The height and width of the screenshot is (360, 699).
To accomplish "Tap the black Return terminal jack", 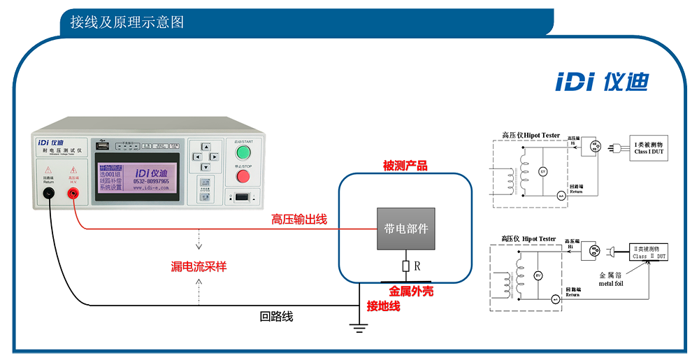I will click(49, 194).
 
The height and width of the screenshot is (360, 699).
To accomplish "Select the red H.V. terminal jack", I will click(73, 194).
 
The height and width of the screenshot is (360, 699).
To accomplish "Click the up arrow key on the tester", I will click(206, 147).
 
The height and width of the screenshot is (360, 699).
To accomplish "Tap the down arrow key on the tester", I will click(206, 167).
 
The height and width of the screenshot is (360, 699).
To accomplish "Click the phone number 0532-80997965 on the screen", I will click(150, 181).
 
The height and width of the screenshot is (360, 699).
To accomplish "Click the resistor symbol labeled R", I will click(405, 266).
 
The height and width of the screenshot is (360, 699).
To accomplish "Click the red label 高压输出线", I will click(299, 219).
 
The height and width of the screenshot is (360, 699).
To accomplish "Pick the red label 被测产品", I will click(405, 166).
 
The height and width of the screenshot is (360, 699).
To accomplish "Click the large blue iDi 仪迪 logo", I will click(601, 82).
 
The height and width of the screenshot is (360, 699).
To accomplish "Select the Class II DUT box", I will click(649, 252).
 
